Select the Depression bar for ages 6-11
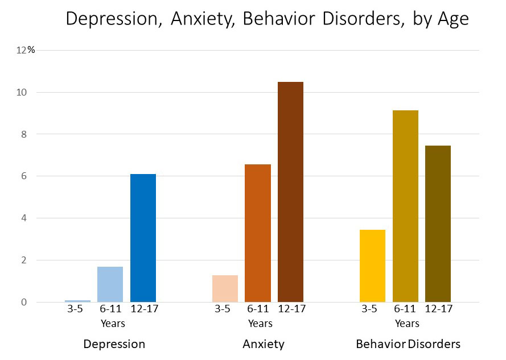click(x=110, y=284)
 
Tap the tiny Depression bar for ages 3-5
click(x=77, y=301)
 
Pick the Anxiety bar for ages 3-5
click(x=225, y=288)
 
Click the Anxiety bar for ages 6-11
click(x=258, y=233)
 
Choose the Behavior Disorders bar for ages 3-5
click(x=373, y=266)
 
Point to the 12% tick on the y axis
click(x=26, y=50)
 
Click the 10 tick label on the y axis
click(x=22, y=92)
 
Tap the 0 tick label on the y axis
click(x=24, y=302)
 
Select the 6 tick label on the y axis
click(x=24, y=176)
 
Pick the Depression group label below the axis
click(x=114, y=344)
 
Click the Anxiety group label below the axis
click(x=263, y=344)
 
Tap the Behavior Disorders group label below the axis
click(x=408, y=344)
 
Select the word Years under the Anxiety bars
click(x=260, y=324)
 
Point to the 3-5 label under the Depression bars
click(x=75, y=309)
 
